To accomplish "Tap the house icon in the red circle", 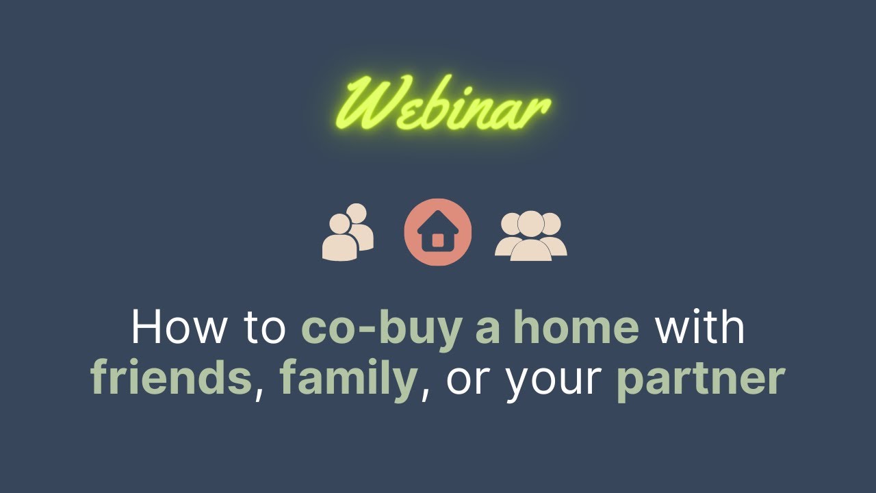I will coord(438,232).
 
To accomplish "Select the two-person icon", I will coord(348,232).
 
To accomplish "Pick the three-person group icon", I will coord(530,236).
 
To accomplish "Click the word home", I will coord(576,327).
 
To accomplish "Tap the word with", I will coord(700,327).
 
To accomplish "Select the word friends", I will coord(171,379).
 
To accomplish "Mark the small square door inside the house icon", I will coord(438,240).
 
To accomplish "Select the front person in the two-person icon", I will coord(339,239).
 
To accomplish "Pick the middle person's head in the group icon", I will coord(530,223).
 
